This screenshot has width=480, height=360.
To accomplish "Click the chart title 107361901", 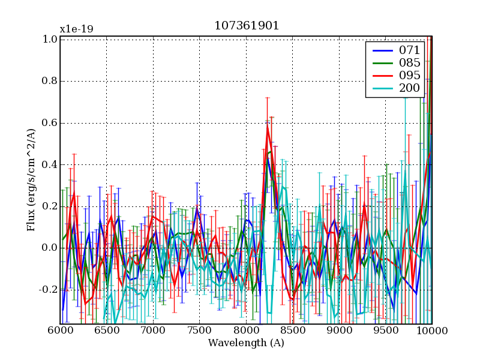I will [x=247, y=26].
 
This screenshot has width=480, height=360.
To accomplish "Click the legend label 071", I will [x=410, y=50].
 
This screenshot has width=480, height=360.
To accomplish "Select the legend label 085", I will [x=410, y=62].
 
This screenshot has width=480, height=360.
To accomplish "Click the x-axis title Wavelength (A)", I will [x=246, y=343].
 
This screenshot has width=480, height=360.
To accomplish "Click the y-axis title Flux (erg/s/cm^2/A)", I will [x=31, y=179].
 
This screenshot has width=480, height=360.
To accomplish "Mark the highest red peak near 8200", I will [x=267, y=126].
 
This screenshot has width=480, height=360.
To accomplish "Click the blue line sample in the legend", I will [x=380, y=50].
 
